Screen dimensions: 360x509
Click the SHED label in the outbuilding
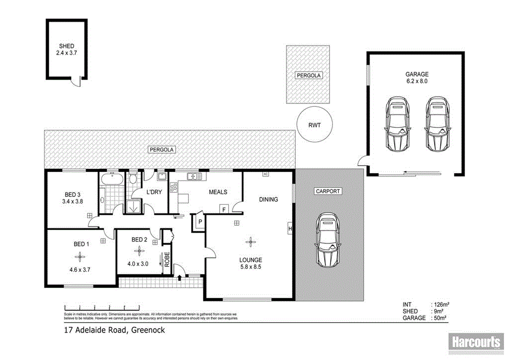66,46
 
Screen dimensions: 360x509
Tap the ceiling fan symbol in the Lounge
251,242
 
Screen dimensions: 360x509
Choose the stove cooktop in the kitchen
173,187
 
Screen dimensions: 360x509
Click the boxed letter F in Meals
224,209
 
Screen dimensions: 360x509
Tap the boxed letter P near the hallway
199,222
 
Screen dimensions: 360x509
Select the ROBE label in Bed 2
167,260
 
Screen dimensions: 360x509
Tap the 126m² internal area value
441,304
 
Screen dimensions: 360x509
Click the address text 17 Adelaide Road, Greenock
114,330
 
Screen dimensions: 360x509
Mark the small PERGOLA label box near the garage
308,76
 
